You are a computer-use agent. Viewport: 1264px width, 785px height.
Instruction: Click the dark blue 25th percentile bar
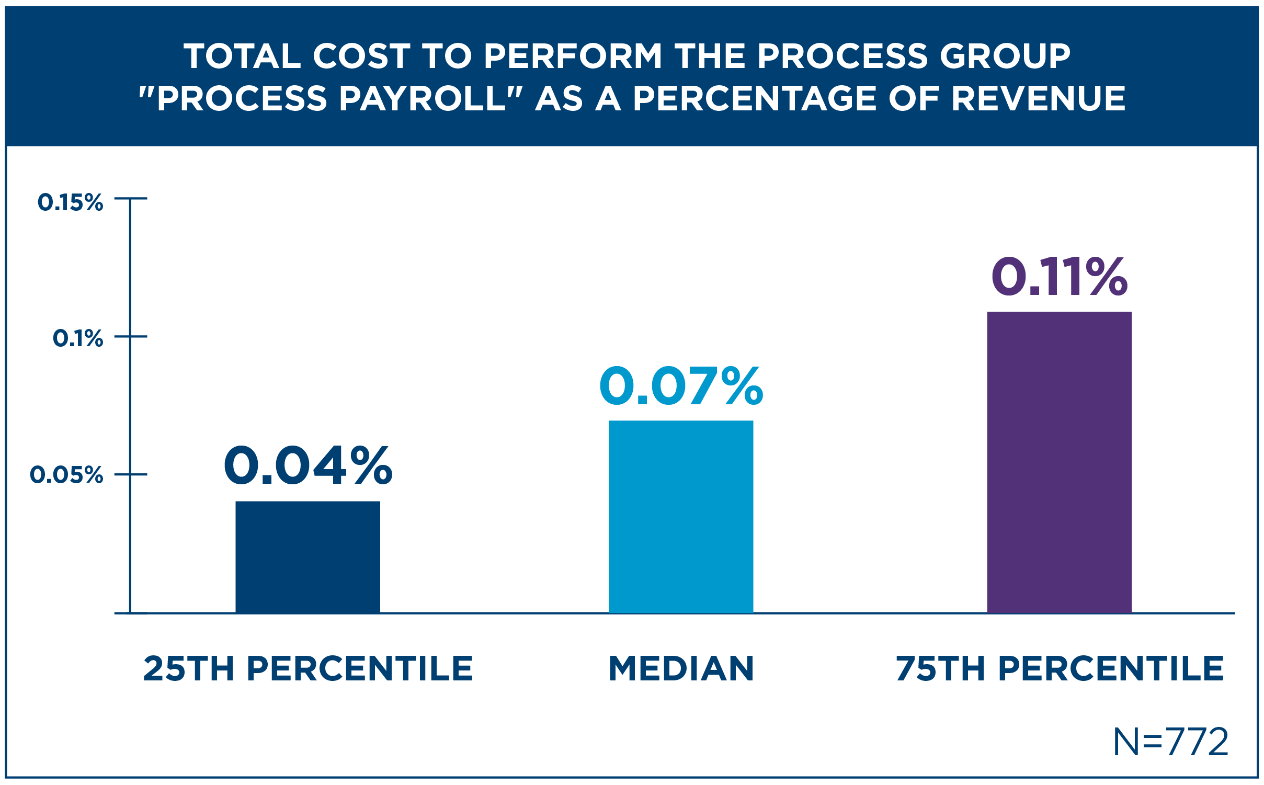[x=308, y=557]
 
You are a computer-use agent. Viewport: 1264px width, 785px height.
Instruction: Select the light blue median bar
[x=680, y=517]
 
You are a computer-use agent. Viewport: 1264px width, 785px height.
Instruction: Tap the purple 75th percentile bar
[x=1059, y=462]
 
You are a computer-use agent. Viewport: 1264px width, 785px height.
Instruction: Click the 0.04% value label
[x=308, y=466]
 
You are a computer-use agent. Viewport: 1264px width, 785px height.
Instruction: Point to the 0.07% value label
[x=680, y=386]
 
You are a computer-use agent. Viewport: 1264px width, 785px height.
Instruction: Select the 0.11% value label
[x=1059, y=277]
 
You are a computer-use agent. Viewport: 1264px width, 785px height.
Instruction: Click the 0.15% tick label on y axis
[x=71, y=202]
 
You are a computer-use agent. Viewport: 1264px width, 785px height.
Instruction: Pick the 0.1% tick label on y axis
[x=78, y=338]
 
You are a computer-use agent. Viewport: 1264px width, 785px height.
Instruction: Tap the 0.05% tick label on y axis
[x=66, y=475]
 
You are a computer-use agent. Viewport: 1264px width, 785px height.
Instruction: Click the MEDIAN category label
[x=681, y=669]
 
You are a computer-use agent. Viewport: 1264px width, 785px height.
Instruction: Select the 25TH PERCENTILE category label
[x=308, y=669]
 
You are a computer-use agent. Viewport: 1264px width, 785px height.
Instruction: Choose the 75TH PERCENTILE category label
[x=1060, y=669]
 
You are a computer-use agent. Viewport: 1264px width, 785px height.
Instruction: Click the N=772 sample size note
[x=1170, y=742]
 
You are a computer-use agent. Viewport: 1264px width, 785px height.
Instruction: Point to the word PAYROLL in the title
[x=423, y=99]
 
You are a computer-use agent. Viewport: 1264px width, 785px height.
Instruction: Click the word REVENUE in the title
[x=1038, y=99]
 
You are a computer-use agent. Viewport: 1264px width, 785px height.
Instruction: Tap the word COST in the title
[x=361, y=56]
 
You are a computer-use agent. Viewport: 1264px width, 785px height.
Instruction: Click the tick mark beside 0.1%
[x=131, y=336]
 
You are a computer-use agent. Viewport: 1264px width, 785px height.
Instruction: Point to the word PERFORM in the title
[x=573, y=56]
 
